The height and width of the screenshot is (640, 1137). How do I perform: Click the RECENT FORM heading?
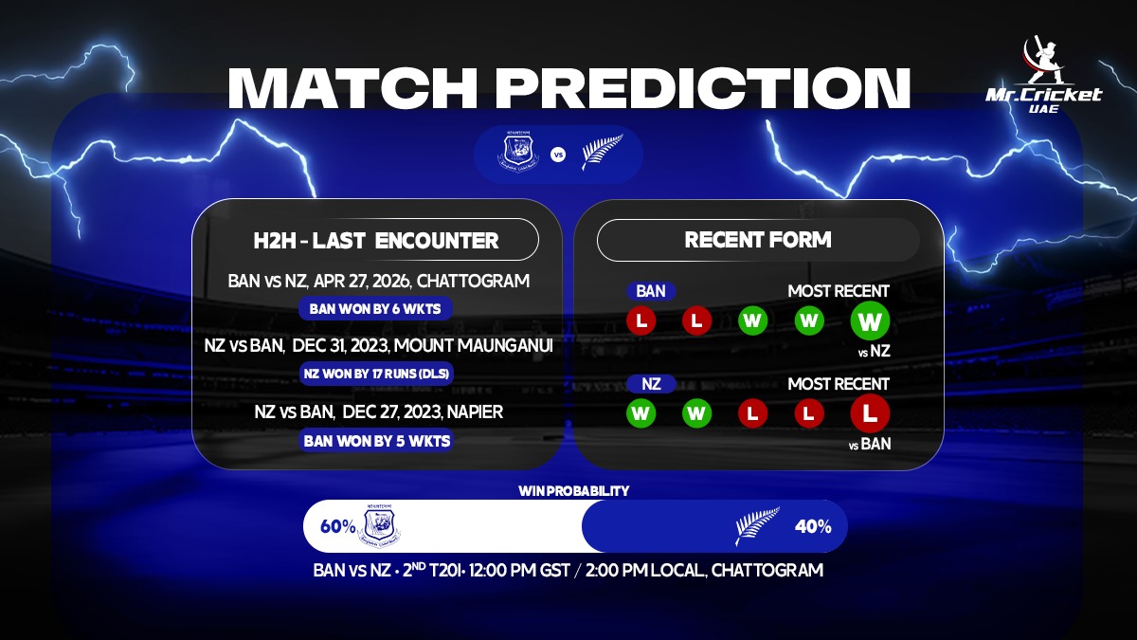click(758, 240)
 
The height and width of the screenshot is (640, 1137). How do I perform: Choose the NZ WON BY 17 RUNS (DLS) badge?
click(377, 374)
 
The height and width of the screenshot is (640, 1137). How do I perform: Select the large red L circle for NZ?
click(870, 413)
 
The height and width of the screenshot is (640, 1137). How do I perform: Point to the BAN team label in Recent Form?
click(650, 291)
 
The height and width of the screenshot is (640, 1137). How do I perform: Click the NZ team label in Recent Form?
click(651, 384)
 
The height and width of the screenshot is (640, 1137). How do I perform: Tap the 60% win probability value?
click(337, 526)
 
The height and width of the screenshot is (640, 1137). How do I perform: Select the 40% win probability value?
click(813, 526)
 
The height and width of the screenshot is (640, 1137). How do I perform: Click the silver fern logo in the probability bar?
click(758, 526)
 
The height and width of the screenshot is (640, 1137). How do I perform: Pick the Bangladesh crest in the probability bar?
click(382, 526)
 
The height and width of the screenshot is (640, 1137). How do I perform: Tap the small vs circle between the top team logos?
click(558, 155)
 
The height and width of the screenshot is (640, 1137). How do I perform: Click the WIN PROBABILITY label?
click(573, 491)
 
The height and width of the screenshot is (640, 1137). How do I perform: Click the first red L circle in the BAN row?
click(641, 320)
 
